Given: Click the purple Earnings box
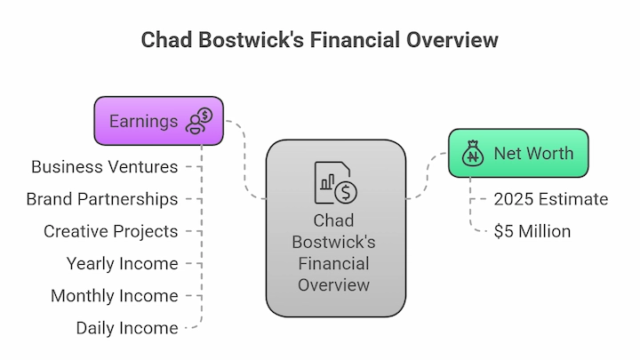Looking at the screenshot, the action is click(x=159, y=121).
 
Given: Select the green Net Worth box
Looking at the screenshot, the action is click(x=518, y=153).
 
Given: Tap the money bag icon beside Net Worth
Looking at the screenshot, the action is click(x=473, y=154).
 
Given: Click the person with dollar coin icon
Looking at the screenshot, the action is click(x=199, y=121).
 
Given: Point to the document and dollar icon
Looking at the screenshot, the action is click(x=335, y=182).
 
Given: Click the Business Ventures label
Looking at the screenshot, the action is click(x=105, y=167).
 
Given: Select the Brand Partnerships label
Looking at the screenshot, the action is click(x=102, y=199).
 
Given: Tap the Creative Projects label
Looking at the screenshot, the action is click(x=110, y=231).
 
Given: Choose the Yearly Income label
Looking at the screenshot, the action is click(x=122, y=264).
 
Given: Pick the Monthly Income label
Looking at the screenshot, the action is click(x=115, y=296).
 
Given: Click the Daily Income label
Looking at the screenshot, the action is click(x=127, y=328).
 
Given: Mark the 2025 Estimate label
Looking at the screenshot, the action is click(x=551, y=199).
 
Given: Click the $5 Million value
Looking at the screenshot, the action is click(x=532, y=231).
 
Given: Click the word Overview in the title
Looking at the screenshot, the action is click(x=452, y=40).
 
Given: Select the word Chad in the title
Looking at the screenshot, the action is click(x=166, y=40).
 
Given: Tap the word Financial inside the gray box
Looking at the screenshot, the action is click(x=334, y=263).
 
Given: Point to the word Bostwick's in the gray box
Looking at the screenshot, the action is click(x=334, y=242).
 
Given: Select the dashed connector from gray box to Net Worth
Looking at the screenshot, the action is click(x=427, y=175).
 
